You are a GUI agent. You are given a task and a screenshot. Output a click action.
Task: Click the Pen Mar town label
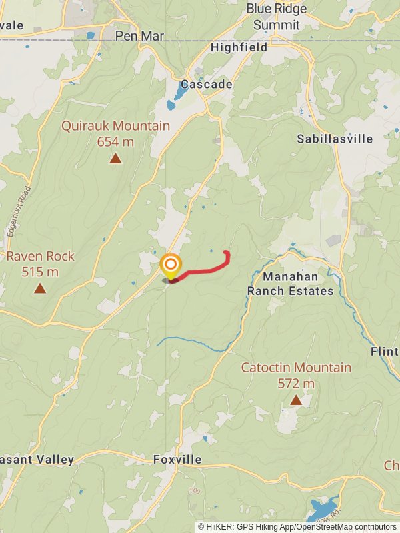tap(135, 35)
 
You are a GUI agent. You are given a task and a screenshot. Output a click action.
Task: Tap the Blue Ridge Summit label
tap(277, 17)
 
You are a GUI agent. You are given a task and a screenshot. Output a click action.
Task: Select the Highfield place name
tap(239, 47)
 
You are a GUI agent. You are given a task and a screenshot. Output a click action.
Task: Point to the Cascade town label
tap(207, 85)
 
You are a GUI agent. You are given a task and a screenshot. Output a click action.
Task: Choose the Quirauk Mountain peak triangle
tap(115, 158)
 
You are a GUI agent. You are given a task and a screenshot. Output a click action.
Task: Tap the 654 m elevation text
tap(115, 141)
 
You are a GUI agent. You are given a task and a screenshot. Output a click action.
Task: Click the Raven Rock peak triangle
tap(40, 288)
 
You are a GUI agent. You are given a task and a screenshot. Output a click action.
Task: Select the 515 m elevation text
tap(40, 272)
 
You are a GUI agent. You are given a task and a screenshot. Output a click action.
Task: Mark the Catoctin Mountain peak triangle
tap(295, 400)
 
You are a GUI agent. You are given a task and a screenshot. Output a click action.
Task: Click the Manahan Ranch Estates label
tap(290, 283)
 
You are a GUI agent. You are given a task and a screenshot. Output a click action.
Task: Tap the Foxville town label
tap(177, 460)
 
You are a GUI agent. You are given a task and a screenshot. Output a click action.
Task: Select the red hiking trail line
tap(207, 268)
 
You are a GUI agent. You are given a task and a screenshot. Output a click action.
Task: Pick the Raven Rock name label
tap(40, 257)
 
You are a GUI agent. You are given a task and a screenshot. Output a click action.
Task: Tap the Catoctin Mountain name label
tap(296, 368)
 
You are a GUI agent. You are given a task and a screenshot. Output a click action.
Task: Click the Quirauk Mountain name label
tap(115, 126)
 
